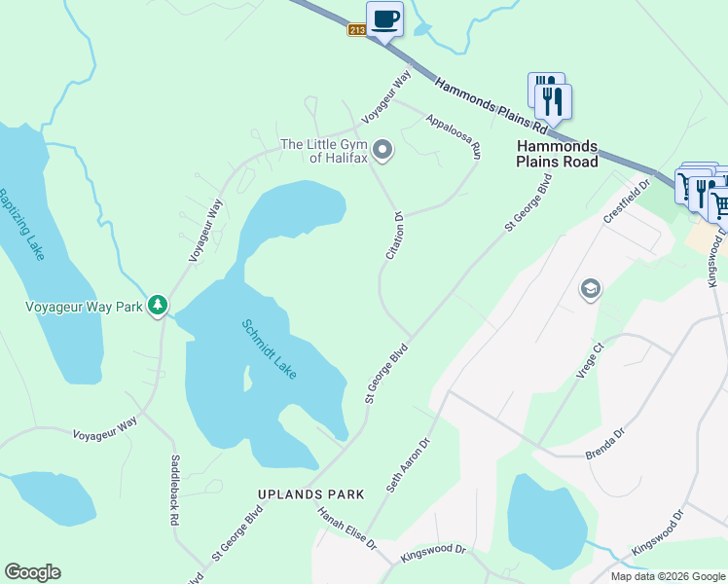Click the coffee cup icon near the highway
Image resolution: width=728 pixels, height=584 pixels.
point(384,18)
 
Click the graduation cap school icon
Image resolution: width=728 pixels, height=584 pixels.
point(590,289)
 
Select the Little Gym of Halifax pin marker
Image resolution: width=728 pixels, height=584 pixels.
point(383,150)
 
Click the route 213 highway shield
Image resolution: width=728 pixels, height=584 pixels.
point(356,30)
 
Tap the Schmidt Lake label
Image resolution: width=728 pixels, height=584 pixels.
point(269,349)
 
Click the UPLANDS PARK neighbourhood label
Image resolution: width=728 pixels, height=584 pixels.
point(311,494)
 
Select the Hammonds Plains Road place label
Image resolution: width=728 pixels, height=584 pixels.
point(557,154)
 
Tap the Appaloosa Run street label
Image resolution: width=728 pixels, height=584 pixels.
point(454,136)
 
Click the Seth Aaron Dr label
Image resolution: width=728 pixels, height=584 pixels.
point(408,463)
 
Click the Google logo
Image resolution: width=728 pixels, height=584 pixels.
point(32,572)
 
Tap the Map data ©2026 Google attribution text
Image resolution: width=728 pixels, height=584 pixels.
point(667,576)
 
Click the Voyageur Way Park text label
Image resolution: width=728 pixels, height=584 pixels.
point(84,307)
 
